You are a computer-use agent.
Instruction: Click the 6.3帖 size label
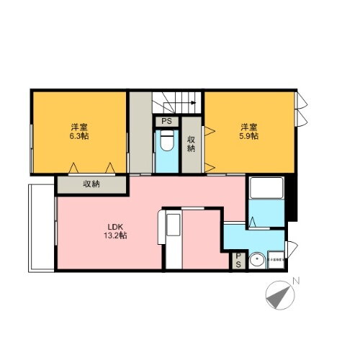pos(79,136)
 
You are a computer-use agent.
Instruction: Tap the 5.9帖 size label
pos(251,136)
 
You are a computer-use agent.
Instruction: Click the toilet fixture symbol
pos(166,140)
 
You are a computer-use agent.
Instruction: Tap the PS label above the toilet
pos(166,122)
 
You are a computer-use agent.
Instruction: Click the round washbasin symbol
pos(256,261)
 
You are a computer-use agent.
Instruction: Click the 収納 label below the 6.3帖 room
pos(91,184)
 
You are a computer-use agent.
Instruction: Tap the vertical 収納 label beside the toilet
pos(191,144)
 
